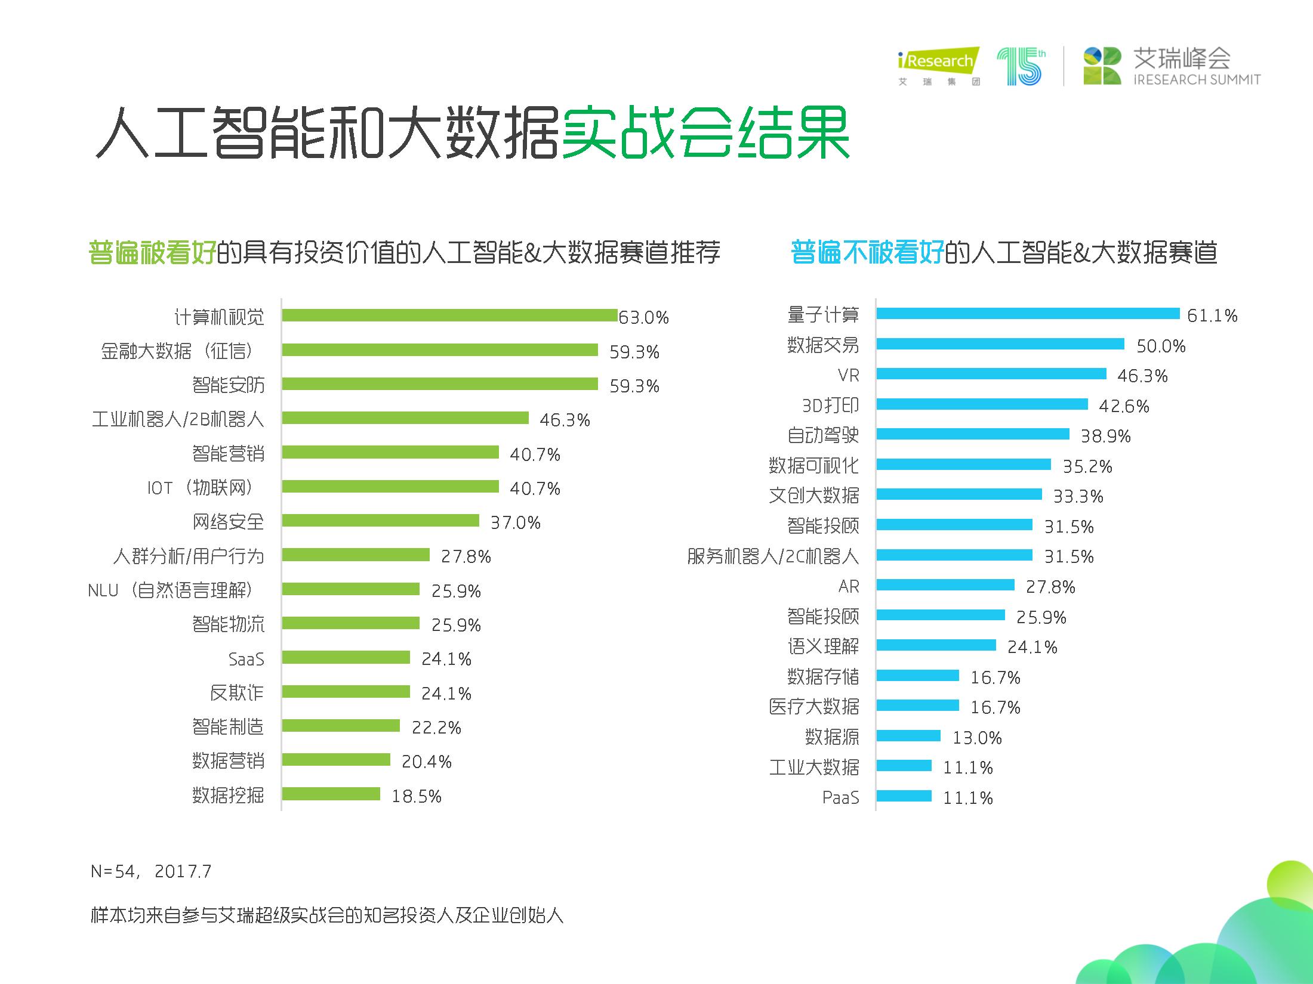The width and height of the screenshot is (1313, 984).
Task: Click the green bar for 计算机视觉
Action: point(449,315)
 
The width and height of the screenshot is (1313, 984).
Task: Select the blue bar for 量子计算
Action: point(1028,314)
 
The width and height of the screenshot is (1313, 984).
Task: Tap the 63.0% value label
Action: point(643,317)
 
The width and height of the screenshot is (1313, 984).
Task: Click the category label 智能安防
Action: point(228,385)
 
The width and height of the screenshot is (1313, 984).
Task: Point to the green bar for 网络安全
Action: point(380,521)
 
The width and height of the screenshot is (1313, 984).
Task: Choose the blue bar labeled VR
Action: point(991,374)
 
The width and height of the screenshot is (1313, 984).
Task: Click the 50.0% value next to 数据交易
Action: point(1160,346)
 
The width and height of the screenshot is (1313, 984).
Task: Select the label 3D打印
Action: point(830,406)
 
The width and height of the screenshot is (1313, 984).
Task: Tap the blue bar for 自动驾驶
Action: point(972,434)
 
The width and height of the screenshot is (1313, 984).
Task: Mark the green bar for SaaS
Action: point(346,657)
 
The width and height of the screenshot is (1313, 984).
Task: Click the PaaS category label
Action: point(840,797)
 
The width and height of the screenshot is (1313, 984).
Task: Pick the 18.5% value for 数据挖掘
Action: point(416,796)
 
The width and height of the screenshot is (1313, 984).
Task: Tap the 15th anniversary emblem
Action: point(1021,67)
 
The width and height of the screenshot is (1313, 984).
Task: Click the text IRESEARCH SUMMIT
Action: point(1197,80)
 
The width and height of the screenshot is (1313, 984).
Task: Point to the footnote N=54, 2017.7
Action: point(151,872)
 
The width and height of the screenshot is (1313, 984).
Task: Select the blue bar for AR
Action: point(945,585)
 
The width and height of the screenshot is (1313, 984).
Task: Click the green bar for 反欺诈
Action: point(346,692)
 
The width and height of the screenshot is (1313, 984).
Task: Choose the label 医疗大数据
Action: point(814,707)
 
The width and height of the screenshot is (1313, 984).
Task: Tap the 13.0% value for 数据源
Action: point(976,738)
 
